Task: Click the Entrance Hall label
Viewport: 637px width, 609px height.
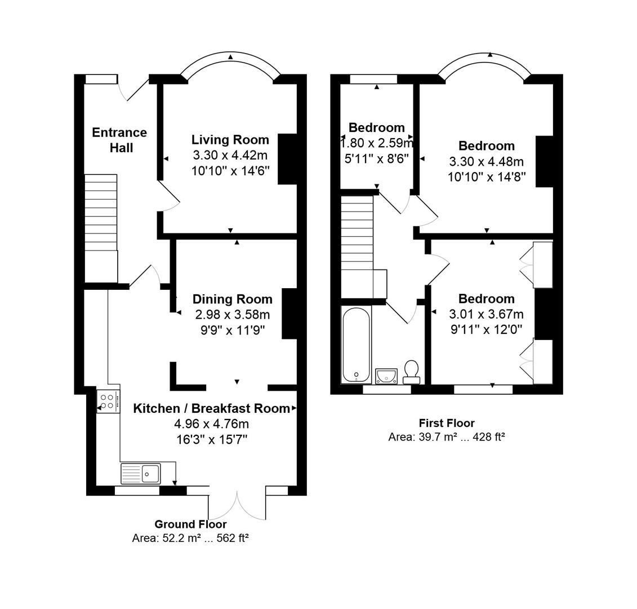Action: [119, 140]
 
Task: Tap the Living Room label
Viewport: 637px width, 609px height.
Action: [230, 139]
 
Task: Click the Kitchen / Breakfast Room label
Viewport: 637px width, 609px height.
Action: [211, 408]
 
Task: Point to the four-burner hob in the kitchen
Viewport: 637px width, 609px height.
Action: [108, 401]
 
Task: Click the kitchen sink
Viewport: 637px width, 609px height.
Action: [141, 474]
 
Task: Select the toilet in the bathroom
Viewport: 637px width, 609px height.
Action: [411, 372]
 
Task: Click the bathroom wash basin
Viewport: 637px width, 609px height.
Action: [386, 376]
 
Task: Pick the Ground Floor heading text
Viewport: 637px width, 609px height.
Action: [190, 524]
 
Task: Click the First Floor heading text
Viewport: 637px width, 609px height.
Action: [447, 423]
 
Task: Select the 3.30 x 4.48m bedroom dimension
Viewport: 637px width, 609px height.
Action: [486, 162]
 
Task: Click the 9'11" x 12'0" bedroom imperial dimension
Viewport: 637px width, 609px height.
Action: [486, 329]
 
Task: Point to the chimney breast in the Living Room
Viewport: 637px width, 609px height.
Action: [287, 159]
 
